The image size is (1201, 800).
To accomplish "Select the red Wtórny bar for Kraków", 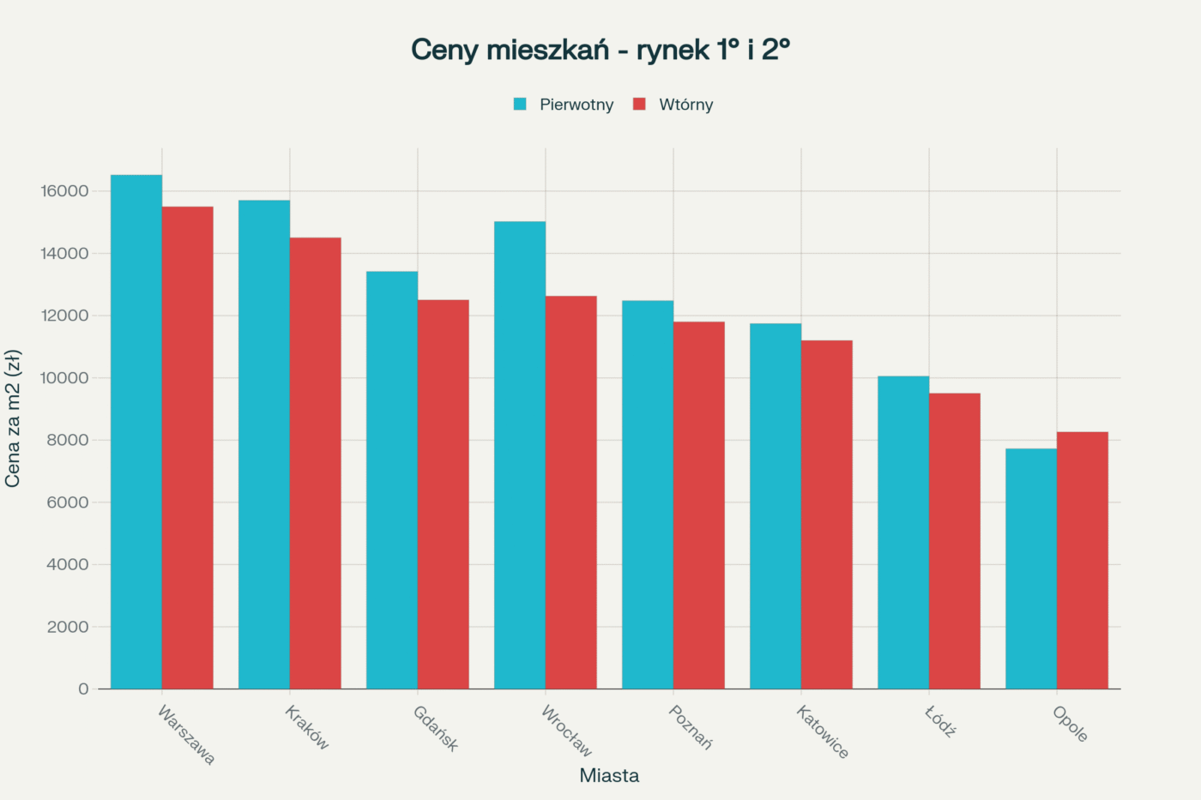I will pyautogui.click(x=315, y=463).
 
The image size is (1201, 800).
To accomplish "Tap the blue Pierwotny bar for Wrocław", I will pyautogui.click(x=520, y=454).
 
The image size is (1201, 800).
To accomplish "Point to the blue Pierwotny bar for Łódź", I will pyautogui.click(x=903, y=532).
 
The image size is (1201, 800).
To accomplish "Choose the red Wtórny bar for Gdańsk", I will pyautogui.click(x=443, y=494).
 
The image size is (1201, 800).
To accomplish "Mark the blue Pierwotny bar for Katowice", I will pyautogui.click(x=776, y=506).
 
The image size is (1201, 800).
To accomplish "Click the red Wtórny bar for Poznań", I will pyautogui.click(x=698, y=505).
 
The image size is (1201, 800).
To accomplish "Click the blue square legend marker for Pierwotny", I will pyautogui.click(x=520, y=105).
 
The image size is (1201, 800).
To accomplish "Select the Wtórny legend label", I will pyautogui.click(x=685, y=105).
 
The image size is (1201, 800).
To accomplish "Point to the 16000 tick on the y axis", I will pyautogui.click(x=64, y=191).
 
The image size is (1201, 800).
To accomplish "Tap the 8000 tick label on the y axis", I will pyautogui.click(x=68, y=440).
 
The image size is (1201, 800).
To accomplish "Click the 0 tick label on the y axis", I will pyautogui.click(x=83, y=689).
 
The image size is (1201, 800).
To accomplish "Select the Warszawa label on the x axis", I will pyautogui.click(x=186, y=735).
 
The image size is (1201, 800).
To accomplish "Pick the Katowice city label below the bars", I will pyautogui.click(x=822, y=731).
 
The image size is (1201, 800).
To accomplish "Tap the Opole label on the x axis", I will pyautogui.click(x=1070, y=724).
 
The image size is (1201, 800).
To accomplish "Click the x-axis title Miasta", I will pyautogui.click(x=609, y=775).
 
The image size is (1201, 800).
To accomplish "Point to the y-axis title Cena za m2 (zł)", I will pyautogui.click(x=13, y=418).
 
